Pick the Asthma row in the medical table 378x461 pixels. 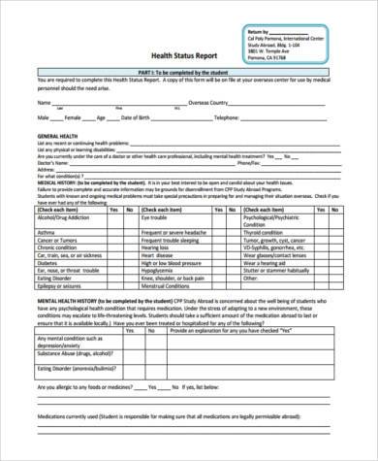point(45,233)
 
